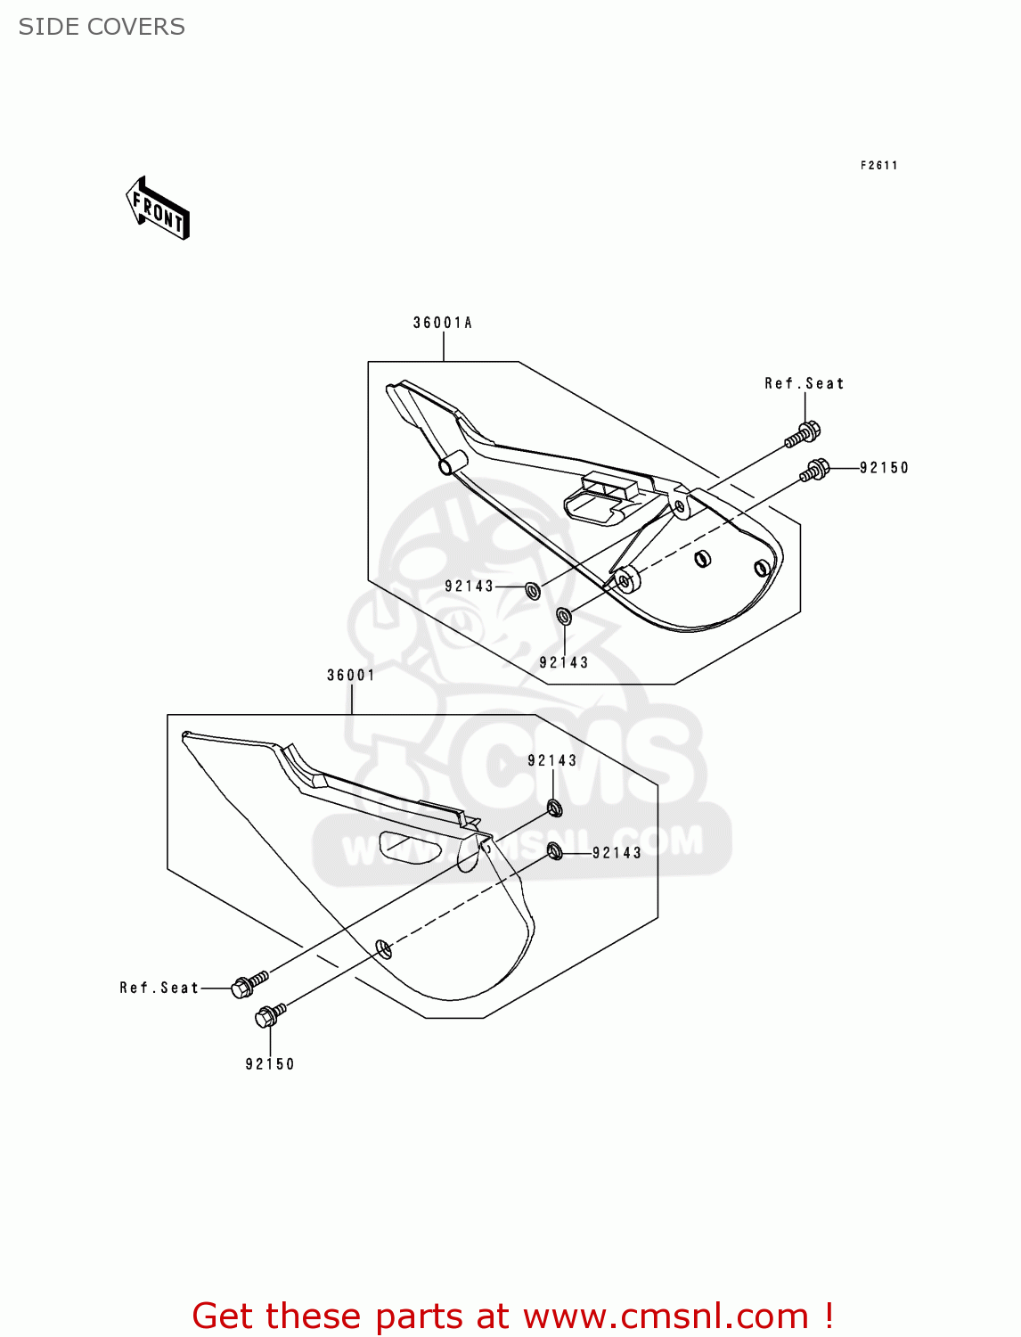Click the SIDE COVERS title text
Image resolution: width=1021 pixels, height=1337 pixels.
pyautogui.click(x=102, y=27)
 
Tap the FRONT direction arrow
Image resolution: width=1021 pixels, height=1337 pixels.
pyautogui.click(x=159, y=209)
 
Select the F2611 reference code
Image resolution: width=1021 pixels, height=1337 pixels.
pyautogui.click(x=878, y=165)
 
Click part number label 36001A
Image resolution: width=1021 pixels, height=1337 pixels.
pyautogui.click(x=442, y=323)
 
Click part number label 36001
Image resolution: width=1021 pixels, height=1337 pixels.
pyautogui.click(x=351, y=675)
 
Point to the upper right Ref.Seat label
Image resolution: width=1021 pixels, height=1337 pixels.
pyautogui.click(x=804, y=383)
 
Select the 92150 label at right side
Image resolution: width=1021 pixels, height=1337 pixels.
pyautogui.click(x=884, y=467)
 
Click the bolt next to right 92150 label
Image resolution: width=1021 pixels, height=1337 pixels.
pyautogui.click(x=814, y=470)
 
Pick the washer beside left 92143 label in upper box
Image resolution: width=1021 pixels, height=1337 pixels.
pyautogui.click(x=533, y=590)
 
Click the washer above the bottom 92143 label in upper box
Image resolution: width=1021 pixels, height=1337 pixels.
pyautogui.click(x=563, y=615)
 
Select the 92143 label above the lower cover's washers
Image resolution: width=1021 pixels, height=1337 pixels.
pyautogui.click(x=552, y=760)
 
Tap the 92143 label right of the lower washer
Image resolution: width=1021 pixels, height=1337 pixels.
pyautogui.click(x=617, y=853)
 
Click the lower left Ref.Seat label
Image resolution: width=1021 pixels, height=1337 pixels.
pyautogui.click(x=159, y=988)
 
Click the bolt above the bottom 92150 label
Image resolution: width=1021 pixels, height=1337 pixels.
pyautogui.click(x=270, y=1014)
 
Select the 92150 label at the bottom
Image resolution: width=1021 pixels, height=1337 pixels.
pyautogui.click(x=270, y=1063)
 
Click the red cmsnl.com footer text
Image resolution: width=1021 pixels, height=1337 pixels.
pyautogui.click(x=512, y=1316)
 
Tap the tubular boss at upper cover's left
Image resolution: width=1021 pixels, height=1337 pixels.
pyautogui.click(x=452, y=464)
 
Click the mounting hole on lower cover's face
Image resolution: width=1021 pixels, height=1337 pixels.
pyautogui.click(x=383, y=948)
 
